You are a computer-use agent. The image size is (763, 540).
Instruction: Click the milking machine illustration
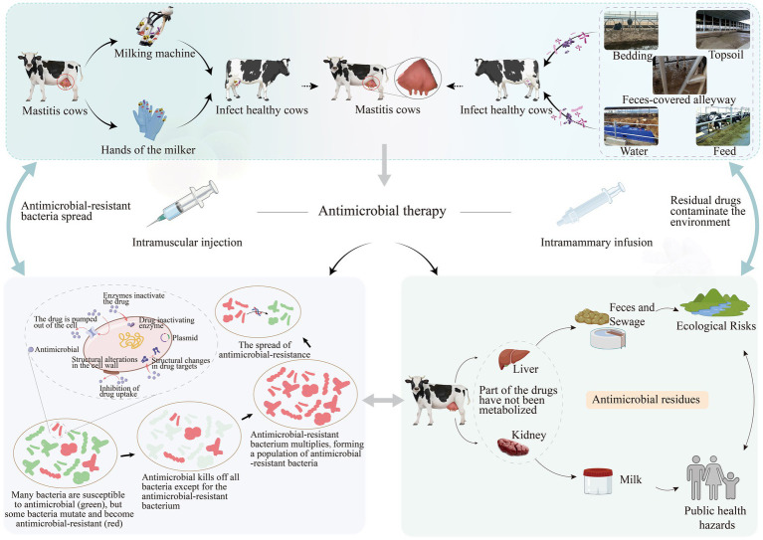[153, 26]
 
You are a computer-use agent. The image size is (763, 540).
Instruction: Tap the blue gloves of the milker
[149, 119]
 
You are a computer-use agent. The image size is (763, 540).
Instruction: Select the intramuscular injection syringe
[183, 203]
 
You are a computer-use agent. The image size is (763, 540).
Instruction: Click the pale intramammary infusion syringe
[591, 204]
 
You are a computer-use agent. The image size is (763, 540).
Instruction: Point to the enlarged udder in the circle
[418, 79]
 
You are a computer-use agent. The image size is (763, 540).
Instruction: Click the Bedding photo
[631, 30]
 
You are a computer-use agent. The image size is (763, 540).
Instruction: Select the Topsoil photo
[722, 30]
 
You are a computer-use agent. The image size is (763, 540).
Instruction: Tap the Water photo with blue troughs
[631, 126]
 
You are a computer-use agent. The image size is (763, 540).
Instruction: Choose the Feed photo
[722, 126]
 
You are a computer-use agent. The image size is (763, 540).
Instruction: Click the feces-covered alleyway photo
[679, 75]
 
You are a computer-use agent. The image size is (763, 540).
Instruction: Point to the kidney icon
[513, 447]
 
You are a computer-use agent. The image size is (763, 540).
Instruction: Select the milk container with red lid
[598, 481]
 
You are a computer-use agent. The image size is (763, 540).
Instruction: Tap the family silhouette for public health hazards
[713, 477]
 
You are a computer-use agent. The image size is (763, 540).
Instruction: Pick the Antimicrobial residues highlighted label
[647, 400]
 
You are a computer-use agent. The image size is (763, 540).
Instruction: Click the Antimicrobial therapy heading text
[382, 211]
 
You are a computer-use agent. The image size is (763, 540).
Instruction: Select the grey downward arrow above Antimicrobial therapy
[384, 165]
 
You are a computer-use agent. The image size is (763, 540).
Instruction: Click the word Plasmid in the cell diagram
[185, 337]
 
